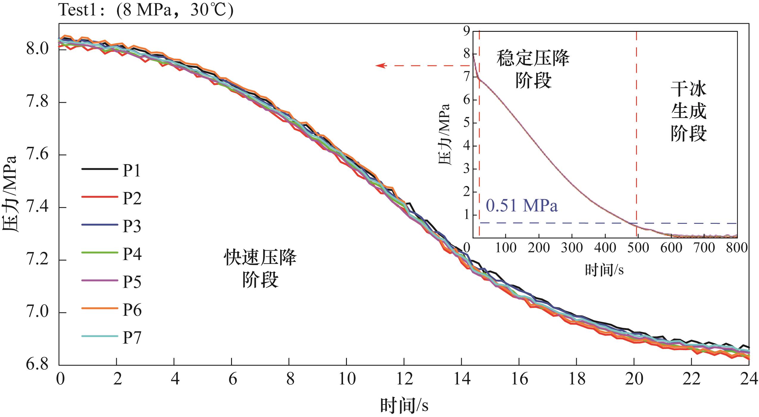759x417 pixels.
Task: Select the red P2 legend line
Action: [99, 197]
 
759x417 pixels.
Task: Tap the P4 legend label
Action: [132, 254]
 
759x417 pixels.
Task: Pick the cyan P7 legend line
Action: [99, 336]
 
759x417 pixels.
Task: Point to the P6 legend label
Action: [132, 310]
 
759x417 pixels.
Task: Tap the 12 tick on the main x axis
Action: [404, 379]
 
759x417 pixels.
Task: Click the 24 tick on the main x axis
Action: [748, 379]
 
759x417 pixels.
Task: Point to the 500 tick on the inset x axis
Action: [638, 248]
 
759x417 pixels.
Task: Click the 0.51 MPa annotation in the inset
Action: [522, 206]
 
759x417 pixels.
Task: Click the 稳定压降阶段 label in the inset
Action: [533, 69]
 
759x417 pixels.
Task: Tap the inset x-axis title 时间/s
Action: [604, 270]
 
